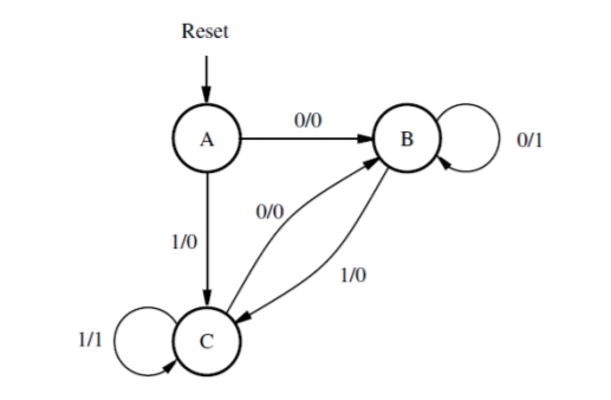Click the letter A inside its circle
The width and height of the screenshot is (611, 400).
click(x=207, y=140)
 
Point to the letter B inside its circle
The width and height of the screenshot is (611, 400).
click(x=407, y=139)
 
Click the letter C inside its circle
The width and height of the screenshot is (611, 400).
click(x=207, y=341)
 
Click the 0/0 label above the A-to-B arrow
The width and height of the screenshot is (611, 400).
click(x=308, y=121)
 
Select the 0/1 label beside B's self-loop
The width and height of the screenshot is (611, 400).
click(x=529, y=140)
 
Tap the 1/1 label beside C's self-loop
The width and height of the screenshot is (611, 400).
click(x=90, y=340)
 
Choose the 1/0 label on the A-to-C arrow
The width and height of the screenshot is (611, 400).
click(x=184, y=242)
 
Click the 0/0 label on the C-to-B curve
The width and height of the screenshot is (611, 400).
click(x=270, y=212)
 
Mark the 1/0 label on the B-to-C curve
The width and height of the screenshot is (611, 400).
click(x=353, y=275)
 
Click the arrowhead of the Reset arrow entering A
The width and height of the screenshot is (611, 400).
click(x=206, y=94)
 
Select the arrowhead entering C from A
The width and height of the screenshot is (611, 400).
click(x=207, y=297)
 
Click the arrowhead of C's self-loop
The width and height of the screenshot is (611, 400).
click(x=169, y=367)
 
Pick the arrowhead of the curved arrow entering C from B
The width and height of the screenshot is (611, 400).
click(x=244, y=318)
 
